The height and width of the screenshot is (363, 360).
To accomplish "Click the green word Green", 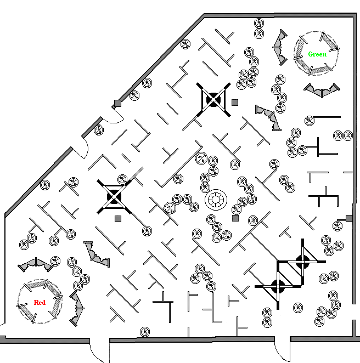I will pyautogui.click(x=317, y=54).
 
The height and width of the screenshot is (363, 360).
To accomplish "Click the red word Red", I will pyautogui.click(x=40, y=302).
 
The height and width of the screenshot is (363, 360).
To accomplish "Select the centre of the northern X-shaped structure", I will pyautogui.click(x=213, y=100).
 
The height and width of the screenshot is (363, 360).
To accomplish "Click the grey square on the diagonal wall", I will pyautogui.click(x=117, y=104).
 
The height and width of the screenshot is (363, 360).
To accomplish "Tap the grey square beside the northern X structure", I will pyautogui.click(x=235, y=102).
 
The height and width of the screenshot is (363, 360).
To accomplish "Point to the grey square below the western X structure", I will pyautogui.click(x=118, y=219).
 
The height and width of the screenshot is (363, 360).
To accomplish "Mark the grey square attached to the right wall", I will pyautogui.click(x=349, y=219).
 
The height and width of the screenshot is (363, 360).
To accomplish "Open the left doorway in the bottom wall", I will pyautogui.click(x=99, y=351).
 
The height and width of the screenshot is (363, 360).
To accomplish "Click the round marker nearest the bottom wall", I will pyautogui.click(x=145, y=331).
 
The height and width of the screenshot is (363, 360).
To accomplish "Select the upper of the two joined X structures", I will pyautogui.click(x=302, y=261).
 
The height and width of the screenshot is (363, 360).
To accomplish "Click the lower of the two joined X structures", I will pyautogui.click(x=278, y=285).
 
